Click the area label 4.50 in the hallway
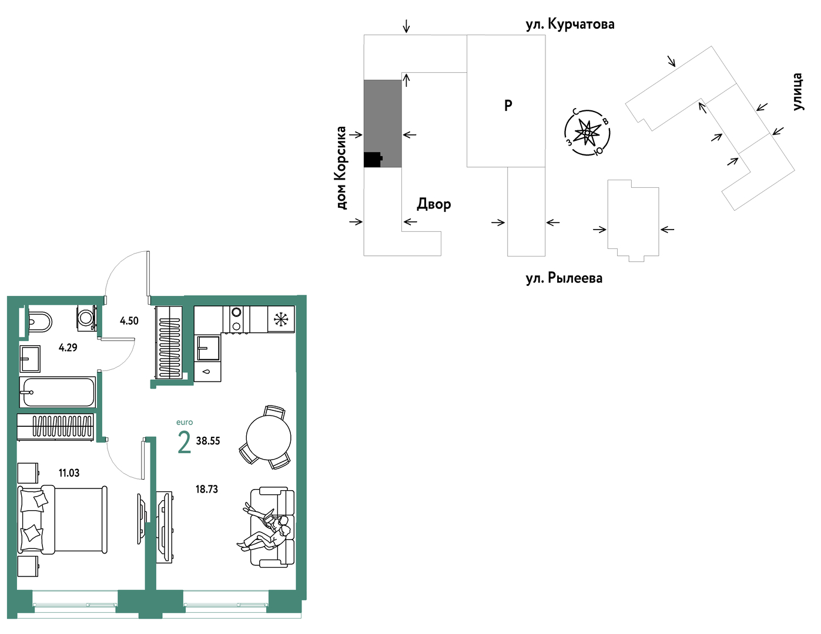pos(129,321)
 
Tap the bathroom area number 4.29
pos(68,348)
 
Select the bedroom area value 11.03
pos(69,473)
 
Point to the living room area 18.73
pos(207,490)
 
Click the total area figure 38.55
pos(208,441)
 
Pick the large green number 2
pos(184,443)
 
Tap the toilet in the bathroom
pos(40,322)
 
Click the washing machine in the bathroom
pos(86,318)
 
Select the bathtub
pos(58,392)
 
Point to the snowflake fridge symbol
pos(281,319)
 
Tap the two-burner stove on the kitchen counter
pos(236,319)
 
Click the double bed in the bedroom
pos(63,520)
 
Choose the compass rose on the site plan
pos(587,133)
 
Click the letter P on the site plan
pos(508,106)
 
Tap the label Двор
pos(434,204)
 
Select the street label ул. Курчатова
pos(570,24)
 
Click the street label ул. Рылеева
pos(564,278)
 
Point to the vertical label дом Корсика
pos(341,168)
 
